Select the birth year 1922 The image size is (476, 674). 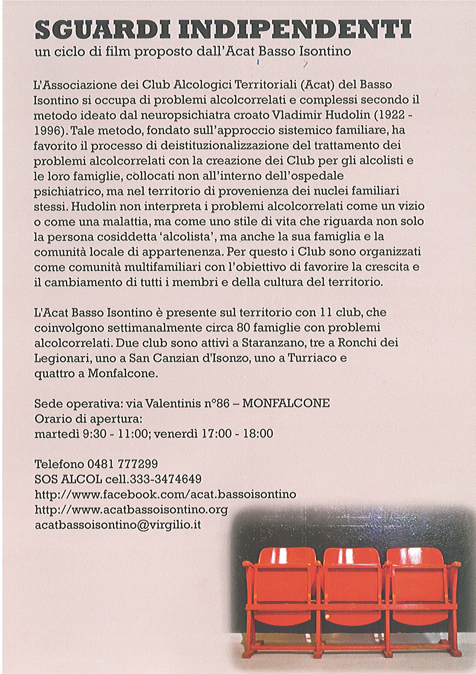click(x=387, y=115)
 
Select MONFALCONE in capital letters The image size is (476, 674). click(x=286, y=403)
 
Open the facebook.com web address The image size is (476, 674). click(x=166, y=494)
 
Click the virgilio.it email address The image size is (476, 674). click(x=118, y=525)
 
